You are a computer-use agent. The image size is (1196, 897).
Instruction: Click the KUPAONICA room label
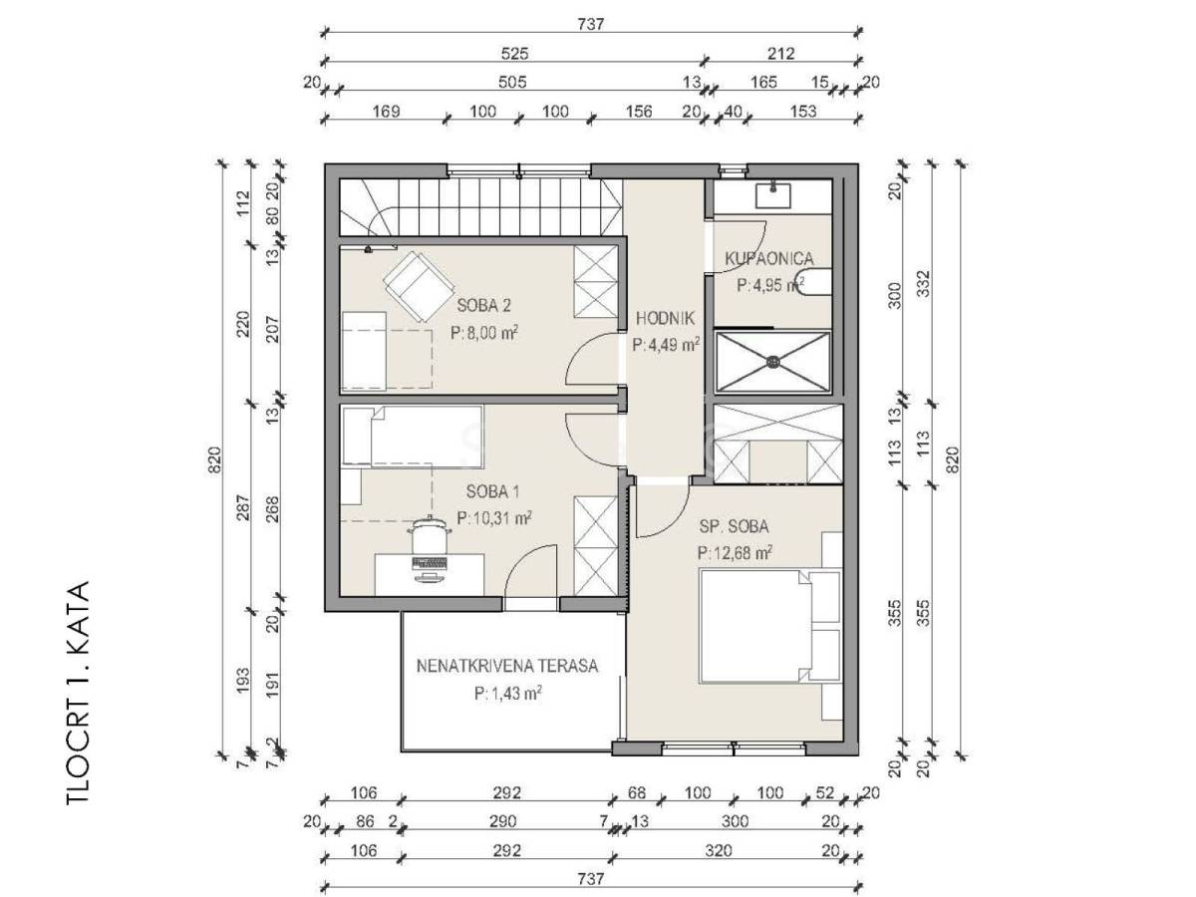click(768, 258)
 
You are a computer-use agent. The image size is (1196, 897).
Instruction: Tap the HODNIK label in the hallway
click(666, 318)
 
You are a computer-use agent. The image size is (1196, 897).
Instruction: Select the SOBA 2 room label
click(483, 306)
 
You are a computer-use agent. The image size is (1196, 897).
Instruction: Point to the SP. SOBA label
click(734, 526)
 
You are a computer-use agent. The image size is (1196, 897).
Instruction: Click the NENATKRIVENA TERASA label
click(507, 666)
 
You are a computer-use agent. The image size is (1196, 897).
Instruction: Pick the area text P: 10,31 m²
click(494, 517)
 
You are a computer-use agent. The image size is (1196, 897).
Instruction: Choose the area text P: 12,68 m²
click(735, 552)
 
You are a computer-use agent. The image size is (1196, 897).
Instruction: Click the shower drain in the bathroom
click(773, 361)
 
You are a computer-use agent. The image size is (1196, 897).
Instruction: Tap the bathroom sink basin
click(772, 196)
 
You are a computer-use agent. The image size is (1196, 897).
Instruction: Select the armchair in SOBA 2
click(419, 287)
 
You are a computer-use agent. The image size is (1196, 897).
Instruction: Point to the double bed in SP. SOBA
click(769, 626)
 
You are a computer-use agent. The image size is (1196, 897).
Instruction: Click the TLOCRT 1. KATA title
click(78, 693)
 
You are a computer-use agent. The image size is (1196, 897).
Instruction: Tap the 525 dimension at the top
click(514, 54)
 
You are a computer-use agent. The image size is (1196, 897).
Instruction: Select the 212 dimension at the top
click(780, 54)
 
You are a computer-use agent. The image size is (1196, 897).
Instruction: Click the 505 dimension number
click(512, 83)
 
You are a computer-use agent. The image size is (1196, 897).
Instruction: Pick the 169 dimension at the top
click(386, 111)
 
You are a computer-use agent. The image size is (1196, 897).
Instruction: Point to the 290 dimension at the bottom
click(502, 820)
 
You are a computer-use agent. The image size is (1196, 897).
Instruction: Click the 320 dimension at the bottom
click(718, 850)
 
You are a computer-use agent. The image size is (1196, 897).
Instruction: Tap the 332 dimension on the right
click(924, 284)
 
